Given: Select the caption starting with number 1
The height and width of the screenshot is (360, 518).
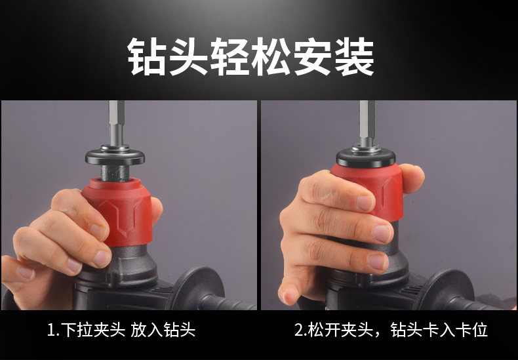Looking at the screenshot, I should [121, 329].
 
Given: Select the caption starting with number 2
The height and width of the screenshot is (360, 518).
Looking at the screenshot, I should [391, 329].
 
